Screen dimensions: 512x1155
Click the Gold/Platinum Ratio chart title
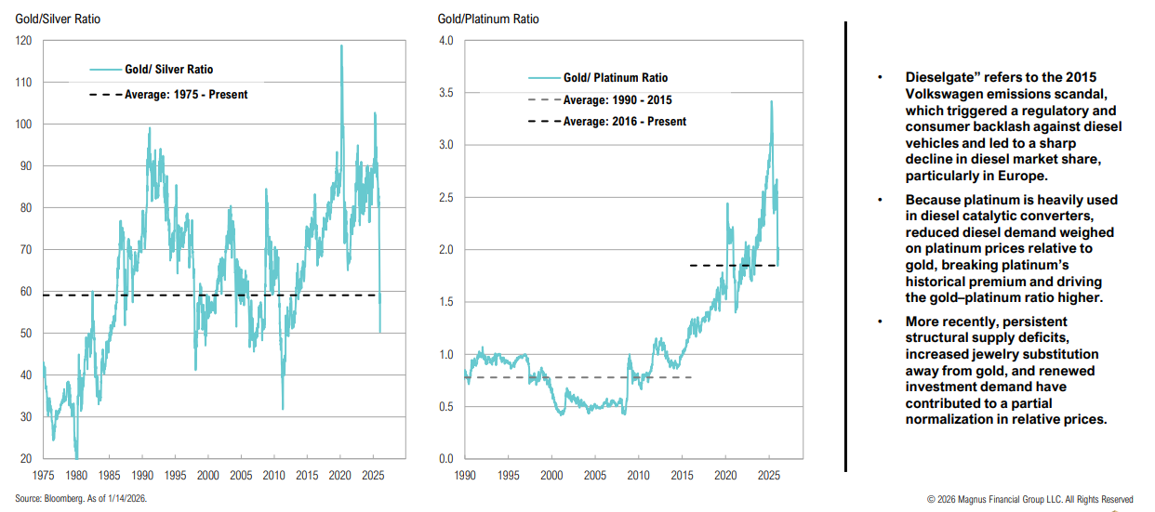click(487, 19)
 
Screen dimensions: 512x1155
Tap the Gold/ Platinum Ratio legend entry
click(615, 78)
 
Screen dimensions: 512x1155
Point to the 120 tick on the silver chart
click(24, 41)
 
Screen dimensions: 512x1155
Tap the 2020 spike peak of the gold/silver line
click(341, 46)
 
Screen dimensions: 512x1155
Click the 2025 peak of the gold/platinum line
click(771, 101)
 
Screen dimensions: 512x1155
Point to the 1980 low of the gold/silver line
click(76, 456)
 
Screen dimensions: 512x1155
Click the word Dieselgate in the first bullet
click(938, 77)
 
